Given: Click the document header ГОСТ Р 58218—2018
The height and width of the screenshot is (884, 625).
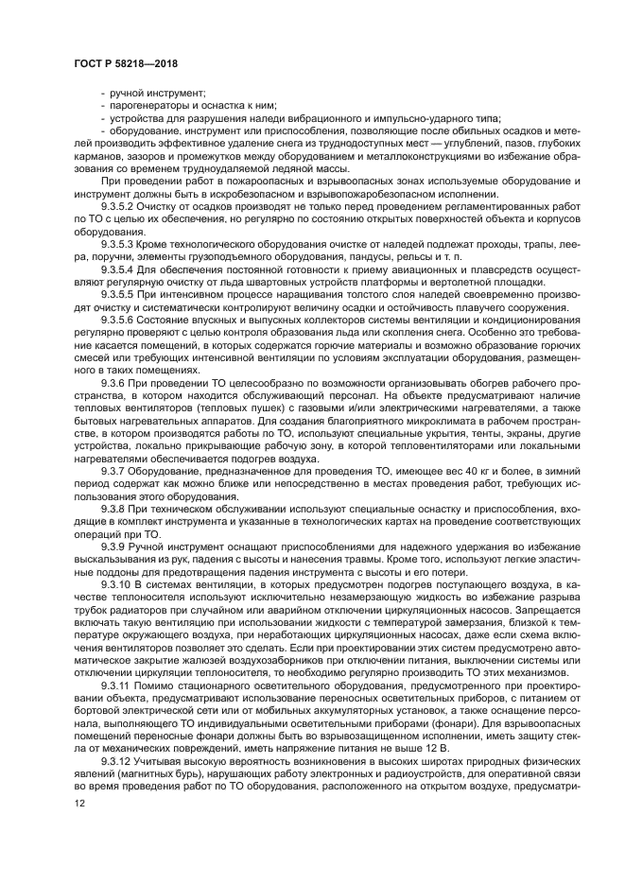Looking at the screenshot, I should point(125,62).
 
